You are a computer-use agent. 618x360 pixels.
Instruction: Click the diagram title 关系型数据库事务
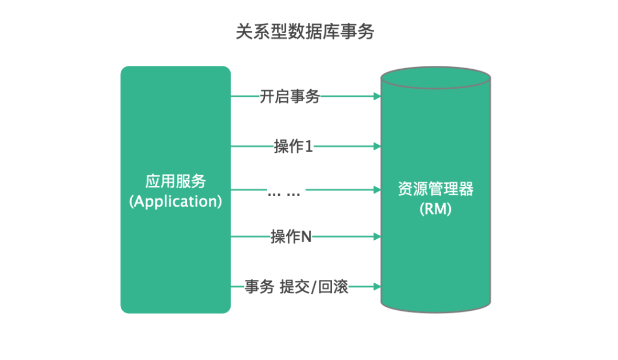coord(305,32)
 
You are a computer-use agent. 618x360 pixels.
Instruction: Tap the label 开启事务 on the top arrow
coord(290,97)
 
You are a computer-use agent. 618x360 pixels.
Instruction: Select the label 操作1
coord(294,147)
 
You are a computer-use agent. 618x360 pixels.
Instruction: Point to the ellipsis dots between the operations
coord(284,193)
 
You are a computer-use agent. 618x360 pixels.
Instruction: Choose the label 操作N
coord(291,236)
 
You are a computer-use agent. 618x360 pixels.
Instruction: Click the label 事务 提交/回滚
coord(296,286)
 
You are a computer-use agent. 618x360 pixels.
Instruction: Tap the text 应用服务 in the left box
coord(175,181)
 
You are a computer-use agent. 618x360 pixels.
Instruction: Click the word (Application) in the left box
coord(175,201)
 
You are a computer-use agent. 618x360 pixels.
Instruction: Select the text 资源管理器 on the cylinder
coord(435,189)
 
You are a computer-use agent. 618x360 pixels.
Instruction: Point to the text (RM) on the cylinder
coord(435,209)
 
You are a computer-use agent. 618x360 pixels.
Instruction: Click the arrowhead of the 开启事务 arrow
coord(377,97)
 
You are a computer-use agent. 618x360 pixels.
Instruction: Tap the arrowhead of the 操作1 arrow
coord(377,147)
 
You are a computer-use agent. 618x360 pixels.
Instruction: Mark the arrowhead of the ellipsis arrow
coord(377,189)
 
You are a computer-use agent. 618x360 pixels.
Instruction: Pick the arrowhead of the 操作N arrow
coord(377,236)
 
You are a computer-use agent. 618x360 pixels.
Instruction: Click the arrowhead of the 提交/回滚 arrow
coord(377,286)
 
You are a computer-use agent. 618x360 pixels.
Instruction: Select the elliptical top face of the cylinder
coord(435,78)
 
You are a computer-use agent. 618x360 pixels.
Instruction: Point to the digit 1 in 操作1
coord(309,147)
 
